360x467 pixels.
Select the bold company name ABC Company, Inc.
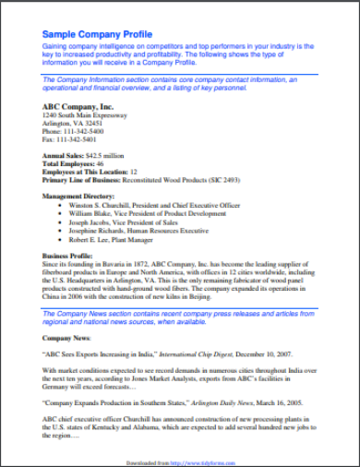click(x=78, y=106)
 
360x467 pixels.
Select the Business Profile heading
click(x=68, y=256)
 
